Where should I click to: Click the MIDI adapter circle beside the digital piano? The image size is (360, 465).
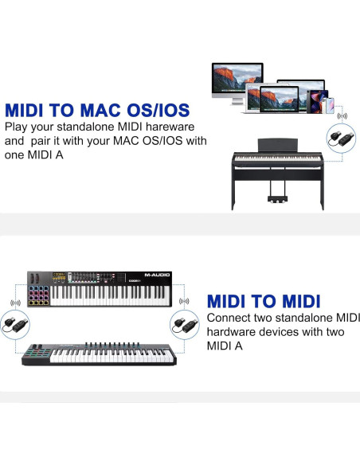[x=342, y=137]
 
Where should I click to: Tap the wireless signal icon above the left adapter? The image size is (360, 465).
[x=14, y=303]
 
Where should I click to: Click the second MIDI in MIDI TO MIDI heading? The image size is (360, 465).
[x=292, y=302]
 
